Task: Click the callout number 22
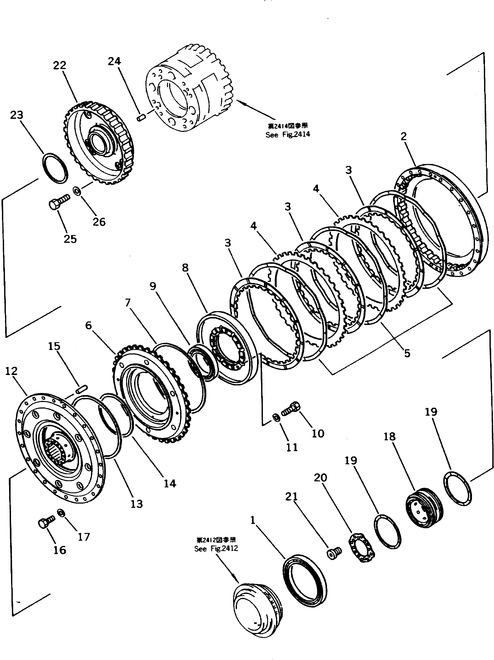click(x=60, y=65)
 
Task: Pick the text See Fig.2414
click(x=288, y=135)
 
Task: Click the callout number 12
click(x=11, y=371)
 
